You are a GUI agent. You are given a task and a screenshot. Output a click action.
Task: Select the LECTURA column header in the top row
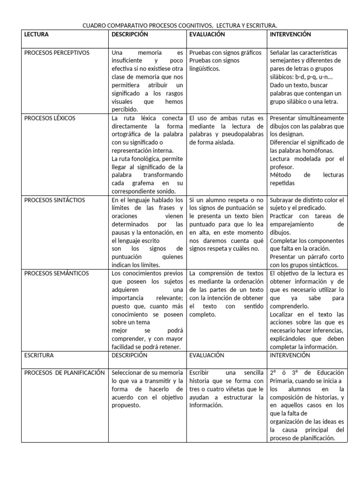point(36,34)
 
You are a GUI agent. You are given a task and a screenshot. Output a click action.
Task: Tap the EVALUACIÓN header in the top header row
point(207,34)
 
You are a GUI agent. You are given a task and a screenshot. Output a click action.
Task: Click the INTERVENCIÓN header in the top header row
point(291,34)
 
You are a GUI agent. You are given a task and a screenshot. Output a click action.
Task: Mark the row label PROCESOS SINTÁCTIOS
point(54,200)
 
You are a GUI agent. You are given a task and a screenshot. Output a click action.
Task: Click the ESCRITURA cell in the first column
point(39,355)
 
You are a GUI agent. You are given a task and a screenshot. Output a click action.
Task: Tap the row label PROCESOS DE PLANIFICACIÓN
point(64,373)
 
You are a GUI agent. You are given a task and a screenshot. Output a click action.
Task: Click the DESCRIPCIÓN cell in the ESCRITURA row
point(130,355)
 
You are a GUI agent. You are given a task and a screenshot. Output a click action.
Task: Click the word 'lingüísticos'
point(205,69)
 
